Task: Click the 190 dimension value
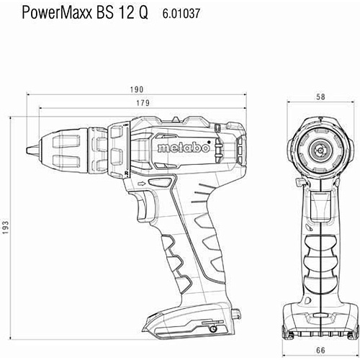click(x=137, y=89)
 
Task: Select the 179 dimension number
click(x=143, y=103)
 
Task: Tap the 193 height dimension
click(x=5, y=227)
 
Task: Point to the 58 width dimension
click(x=320, y=96)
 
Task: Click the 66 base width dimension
click(x=320, y=350)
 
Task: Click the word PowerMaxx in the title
click(x=57, y=13)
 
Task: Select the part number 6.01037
click(x=181, y=13)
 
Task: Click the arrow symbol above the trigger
click(x=142, y=184)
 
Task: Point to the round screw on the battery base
click(x=213, y=329)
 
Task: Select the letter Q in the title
click(x=143, y=14)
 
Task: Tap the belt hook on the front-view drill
click(x=300, y=182)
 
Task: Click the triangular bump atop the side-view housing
click(x=176, y=120)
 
